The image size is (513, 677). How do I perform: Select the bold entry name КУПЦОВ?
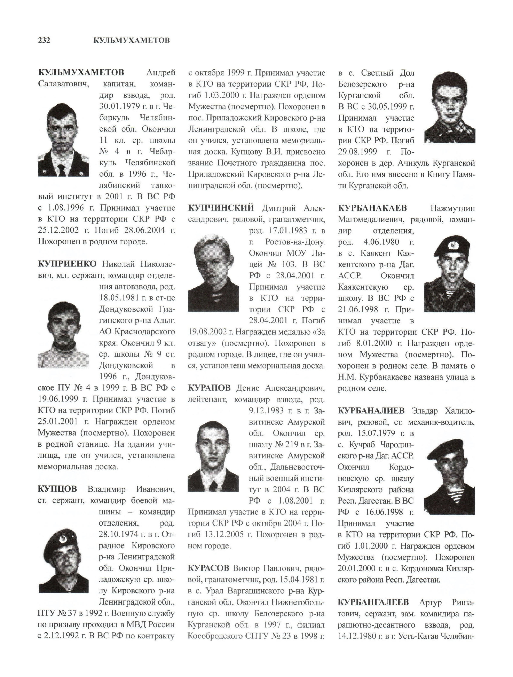pos(57,489)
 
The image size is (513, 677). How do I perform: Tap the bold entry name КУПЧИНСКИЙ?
pos(221,208)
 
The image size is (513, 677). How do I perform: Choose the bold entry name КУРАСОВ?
pos(208,568)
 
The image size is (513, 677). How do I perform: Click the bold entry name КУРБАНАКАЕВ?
pos(372,208)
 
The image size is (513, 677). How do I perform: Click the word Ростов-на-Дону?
pos(294,242)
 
